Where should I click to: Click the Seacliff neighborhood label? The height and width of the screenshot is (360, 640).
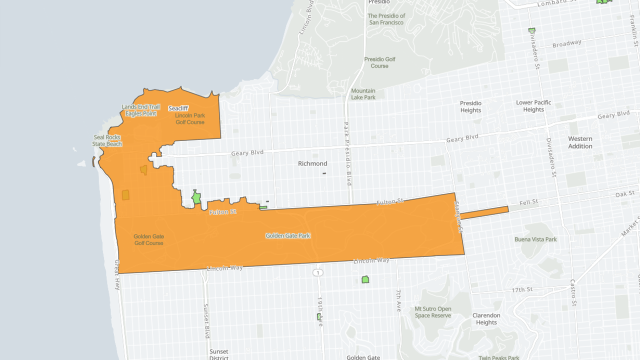click(178, 108)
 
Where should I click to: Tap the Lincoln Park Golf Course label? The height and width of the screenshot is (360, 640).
click(190, 119)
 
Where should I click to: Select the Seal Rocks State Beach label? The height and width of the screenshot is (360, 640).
click(107, 140)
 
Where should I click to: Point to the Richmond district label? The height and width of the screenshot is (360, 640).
click(312, 163)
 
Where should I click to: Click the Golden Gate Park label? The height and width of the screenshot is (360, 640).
click(287, 235)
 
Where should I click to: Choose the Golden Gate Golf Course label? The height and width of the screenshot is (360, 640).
click(148, 240)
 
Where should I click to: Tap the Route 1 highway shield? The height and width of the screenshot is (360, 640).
click(318, 272)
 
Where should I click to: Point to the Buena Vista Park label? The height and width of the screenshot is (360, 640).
click(535, 239)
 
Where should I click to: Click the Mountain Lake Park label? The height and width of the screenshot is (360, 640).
click(363, 94)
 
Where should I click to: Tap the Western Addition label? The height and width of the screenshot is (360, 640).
click(580, 142)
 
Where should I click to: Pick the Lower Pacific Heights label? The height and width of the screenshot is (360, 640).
click(533, 106)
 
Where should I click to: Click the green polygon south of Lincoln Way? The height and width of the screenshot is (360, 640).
click(365, 279)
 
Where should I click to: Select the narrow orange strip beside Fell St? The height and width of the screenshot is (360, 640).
click(484, 212)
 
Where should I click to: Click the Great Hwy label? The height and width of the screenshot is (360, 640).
click(117, 275)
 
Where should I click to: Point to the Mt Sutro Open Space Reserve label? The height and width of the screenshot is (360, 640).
click(432, 312)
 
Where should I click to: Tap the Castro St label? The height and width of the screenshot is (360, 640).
click(573, 292)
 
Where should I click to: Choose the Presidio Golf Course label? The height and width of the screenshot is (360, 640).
click(379, 62)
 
